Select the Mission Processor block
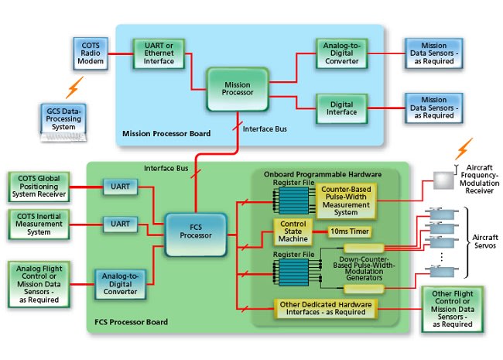[237, 87]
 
